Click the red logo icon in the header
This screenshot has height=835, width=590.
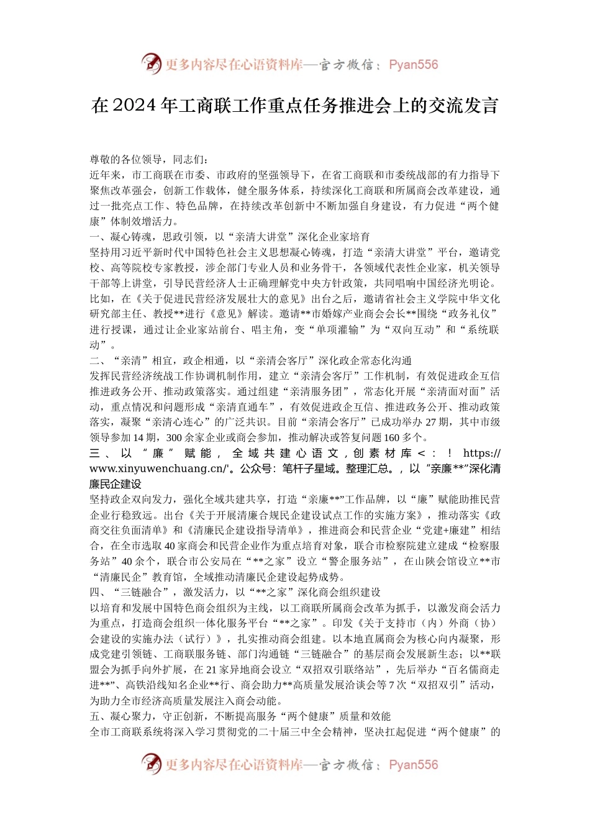pyautogui.click(x=151, y=64)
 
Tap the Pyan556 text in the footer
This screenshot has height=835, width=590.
pyautogui.click(x=413, y=765)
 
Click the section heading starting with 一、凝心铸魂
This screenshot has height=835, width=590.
pyautogui.click(x=230, y=237)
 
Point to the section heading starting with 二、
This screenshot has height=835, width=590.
pyautogui.click(x=250, y=360)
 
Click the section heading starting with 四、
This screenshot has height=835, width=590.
pyautogui.click(x=235, y=592)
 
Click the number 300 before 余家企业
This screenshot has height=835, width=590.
pyautogui.click(x=174, y=437)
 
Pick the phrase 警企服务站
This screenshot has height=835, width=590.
pyautogui.click(x=355, y=561)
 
